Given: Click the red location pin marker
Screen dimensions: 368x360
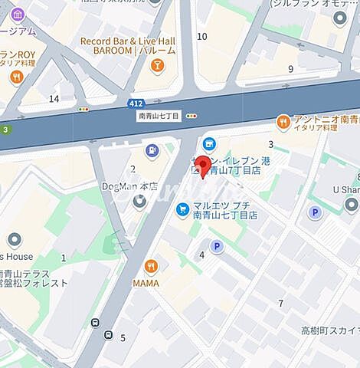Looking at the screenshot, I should (203, 166).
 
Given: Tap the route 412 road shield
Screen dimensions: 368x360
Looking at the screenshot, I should (134, 103).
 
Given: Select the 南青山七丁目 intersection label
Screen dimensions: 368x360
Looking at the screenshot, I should (159, 116).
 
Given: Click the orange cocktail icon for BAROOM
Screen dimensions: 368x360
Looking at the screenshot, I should (157, 65).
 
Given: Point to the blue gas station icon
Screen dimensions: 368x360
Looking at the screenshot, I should (152, 151).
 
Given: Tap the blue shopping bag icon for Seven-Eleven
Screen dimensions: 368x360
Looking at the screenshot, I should (208, 143).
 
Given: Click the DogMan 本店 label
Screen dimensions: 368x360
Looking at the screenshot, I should (129, 186).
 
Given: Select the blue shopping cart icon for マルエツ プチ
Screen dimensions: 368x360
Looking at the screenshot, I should (182, 209).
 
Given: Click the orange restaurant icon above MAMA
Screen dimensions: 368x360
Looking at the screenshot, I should (151, 266).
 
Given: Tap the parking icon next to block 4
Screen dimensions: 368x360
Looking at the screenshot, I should (217, 246).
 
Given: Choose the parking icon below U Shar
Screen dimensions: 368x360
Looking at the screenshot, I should (313, 212).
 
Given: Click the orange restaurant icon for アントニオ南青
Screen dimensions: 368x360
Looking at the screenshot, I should (284, 120).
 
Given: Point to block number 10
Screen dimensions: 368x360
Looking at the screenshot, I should (202, 36).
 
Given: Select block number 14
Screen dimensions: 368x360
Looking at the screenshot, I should (54, 98).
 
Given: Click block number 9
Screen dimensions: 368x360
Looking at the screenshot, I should (290, 69).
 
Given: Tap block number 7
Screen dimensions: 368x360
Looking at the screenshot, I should (280, 304).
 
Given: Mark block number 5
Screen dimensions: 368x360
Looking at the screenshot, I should (123, 337).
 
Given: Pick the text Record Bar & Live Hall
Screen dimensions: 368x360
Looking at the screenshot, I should (127, 40).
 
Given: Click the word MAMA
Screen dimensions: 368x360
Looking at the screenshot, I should (146, 283).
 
